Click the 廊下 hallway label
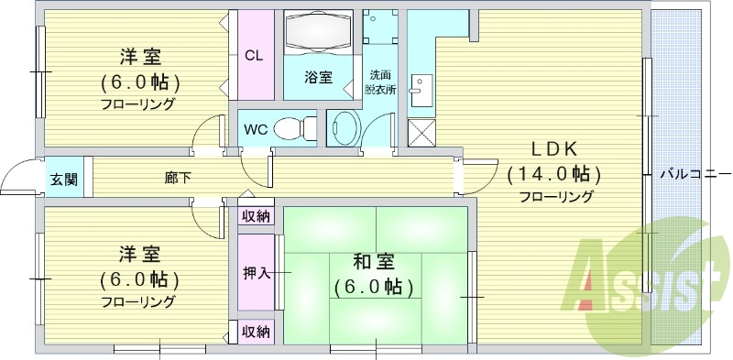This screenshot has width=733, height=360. pyautogui.click(x=178, y=178)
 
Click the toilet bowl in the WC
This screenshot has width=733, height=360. pyautogui.click(x=291, y=127)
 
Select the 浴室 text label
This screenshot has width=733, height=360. pyautogui.click(x=318, y=78)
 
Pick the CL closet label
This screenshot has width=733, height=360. pyautogui.click(x=255, y=55)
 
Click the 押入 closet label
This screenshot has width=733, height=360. pyautogui.click(x=256, y=273)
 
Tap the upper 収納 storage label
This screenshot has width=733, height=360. pyautogui.click(x=256, y=216)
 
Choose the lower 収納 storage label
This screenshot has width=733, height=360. pyautogui.click(x=256, y=331)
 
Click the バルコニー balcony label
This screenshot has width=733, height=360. pyautogui.click(x=695, y=173)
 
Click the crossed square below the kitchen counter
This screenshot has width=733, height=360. pyautogui.click(x=421, y=134)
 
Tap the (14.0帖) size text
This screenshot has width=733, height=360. pyautogui.click(x=554, y=174)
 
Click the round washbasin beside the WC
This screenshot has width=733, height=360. pyautogui.click(x=344, y=127)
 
